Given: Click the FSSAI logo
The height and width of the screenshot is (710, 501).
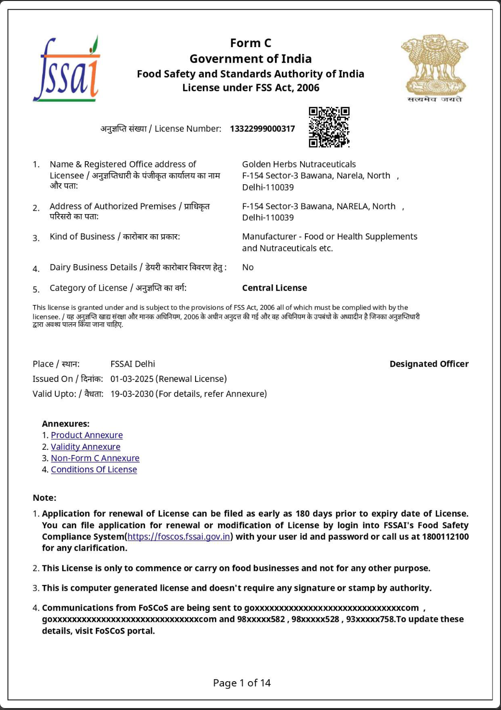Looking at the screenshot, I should click(x=66, y=69).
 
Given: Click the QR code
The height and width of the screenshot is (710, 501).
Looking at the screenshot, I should click(x=329, y=127).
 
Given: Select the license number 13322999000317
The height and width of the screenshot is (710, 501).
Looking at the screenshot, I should click(x=262, y=128).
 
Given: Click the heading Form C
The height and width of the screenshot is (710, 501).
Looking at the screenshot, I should click(x=250, y=43).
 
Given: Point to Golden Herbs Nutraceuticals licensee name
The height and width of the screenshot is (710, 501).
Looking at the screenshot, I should click(x=299, y=164).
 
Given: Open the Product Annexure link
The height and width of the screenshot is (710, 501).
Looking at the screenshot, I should click(x=87, y=435).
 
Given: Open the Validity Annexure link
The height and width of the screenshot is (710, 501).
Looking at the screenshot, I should click(x=86, y=446).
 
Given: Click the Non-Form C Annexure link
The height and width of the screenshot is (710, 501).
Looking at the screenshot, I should click(x=95, y=458).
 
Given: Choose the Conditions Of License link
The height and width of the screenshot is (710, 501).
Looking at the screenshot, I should click(x=94, y=469).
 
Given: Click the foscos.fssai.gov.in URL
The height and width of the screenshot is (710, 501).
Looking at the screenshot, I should click(x=179, y=536).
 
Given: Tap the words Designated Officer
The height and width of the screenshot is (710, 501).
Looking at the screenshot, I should click(x=429, y=364).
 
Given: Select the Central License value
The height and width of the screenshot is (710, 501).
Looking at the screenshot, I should click(x=274, y=288).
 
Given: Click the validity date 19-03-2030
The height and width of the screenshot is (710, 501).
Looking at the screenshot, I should click(x=132, y=393).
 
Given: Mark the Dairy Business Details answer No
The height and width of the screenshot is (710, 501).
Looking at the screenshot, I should click(x=248, y=267).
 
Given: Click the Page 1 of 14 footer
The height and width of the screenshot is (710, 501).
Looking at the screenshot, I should click(x=242, y=683).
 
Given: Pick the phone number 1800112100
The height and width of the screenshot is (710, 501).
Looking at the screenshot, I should click(x=445, y=536).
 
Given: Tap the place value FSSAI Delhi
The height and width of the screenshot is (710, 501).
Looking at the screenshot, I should click(x=132, y=364).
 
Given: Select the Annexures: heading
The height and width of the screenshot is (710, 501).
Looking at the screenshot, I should click(x=66, y=423).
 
